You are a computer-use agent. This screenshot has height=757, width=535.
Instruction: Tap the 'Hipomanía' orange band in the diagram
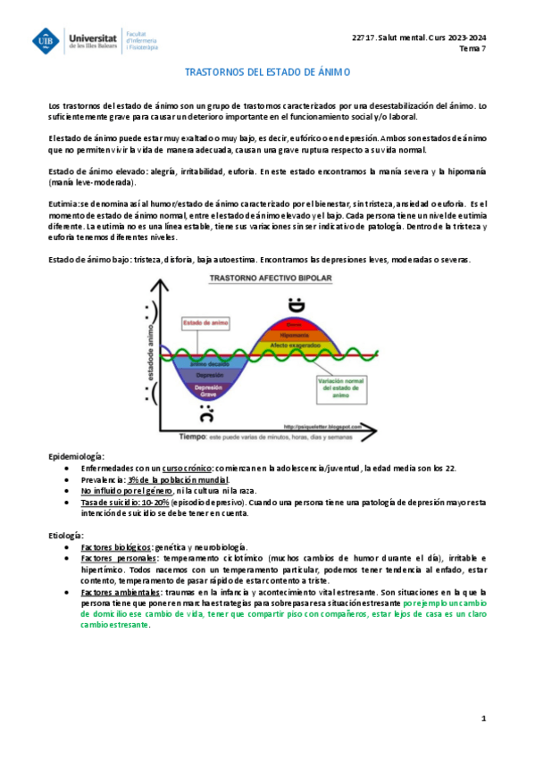[x=296, y=334]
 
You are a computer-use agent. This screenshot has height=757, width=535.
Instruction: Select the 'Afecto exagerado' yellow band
[x=296, y=345]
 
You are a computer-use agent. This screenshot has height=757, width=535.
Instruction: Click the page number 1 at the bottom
[x=483, y=718]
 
